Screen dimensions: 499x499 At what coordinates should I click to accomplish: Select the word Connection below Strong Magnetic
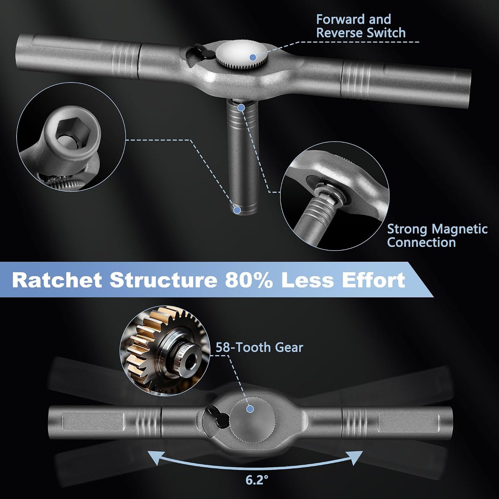422,242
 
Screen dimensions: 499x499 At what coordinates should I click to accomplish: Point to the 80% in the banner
249,280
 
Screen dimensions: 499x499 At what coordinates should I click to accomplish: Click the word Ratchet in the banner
57,280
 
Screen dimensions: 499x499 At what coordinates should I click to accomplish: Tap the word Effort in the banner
373,280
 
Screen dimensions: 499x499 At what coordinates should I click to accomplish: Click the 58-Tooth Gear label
259,347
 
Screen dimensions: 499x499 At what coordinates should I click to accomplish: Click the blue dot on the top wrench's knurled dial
253,57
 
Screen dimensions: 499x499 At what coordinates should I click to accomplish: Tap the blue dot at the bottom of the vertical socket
237,210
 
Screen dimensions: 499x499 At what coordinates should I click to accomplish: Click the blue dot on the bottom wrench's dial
250,409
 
